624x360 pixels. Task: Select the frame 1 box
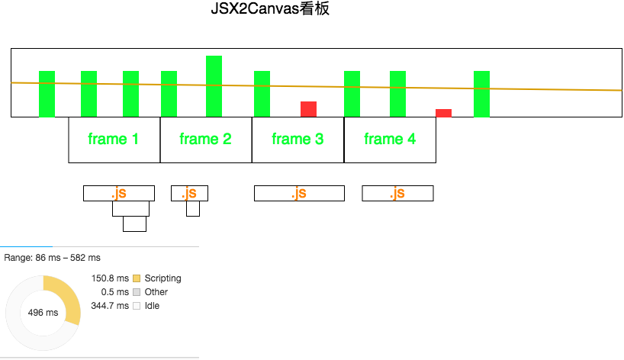tap(114, 140)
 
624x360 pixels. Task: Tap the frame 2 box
tap(206, 140)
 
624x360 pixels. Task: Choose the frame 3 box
tap(298, 140)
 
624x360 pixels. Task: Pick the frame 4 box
tap(390, 140)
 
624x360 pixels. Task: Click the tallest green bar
tap(214, 85)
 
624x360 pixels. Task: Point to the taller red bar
tap(308, 109)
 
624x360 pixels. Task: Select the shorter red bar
tap(443, 113)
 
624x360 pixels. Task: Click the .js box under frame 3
tap(299, 194)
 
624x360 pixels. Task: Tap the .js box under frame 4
tap(397, 194)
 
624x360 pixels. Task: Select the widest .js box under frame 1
tap(118, 194)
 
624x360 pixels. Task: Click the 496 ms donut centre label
tap(43, 313)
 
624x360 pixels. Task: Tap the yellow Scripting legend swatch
tap(137, 278)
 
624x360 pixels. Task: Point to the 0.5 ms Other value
tap(116, 292)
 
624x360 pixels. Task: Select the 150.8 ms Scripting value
tap(110, 278)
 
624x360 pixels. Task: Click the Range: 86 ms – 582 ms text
tap(52, 258)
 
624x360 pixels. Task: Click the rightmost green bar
tap(481, 94)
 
